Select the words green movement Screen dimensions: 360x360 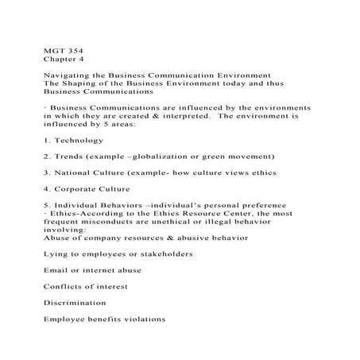point(238,156)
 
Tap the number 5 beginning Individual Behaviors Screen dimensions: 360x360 point(45,205)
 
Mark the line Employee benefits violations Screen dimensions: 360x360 point(104,319)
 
